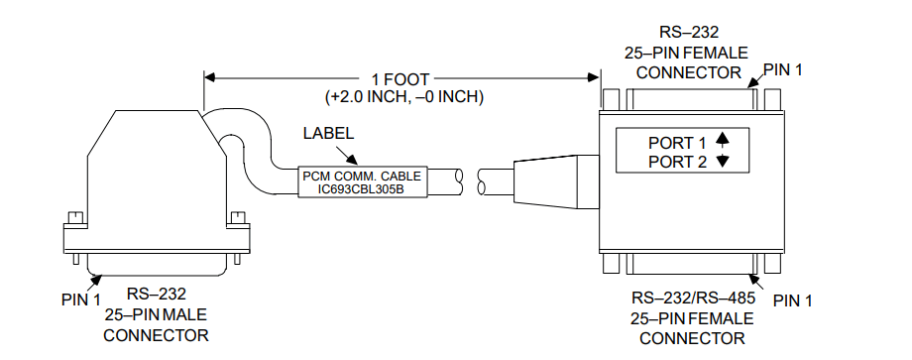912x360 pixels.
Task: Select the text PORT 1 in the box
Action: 671,143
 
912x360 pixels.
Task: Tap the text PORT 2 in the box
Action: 671,162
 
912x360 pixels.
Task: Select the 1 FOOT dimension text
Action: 402,78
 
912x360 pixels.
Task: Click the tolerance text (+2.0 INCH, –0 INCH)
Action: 403,97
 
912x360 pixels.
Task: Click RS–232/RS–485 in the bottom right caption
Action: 692,298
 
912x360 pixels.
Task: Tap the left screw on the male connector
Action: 72,217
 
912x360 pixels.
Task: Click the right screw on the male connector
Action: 235,217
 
